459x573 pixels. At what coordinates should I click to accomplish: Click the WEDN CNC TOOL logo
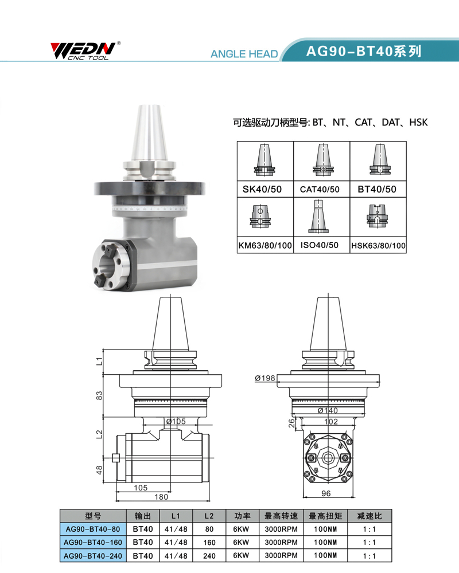[85, 50]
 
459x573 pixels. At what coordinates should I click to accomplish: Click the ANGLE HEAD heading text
[244, 54]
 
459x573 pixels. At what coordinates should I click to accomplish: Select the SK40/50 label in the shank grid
[262, 189]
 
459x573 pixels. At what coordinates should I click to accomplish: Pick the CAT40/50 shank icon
[322, 160]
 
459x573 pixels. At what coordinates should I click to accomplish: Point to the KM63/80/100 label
[265, 245]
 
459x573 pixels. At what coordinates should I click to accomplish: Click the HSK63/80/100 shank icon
[377, 216]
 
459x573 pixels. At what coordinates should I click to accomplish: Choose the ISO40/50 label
[319, 245]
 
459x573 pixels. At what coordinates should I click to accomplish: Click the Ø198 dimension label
[265, 378]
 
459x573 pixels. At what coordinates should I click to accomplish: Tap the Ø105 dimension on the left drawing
[176, 421]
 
